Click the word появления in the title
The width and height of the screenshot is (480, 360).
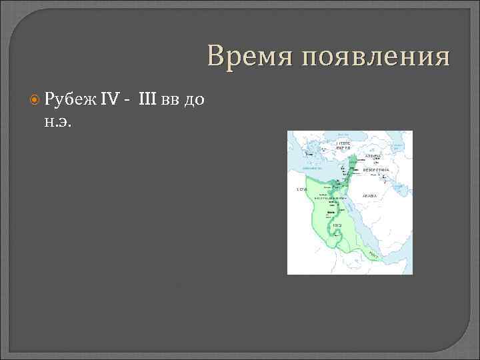pos(375,58)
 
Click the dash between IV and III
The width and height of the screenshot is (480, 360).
pos(127,101)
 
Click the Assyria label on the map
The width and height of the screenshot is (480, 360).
pos(373,156)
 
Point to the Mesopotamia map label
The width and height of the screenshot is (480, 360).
pos(376,170)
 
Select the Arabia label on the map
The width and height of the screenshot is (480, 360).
pos(370,195)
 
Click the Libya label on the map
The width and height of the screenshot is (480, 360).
pos(301,189)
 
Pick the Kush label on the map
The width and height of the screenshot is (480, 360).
pos(337,225)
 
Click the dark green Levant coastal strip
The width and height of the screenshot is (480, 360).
pos(347,171)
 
